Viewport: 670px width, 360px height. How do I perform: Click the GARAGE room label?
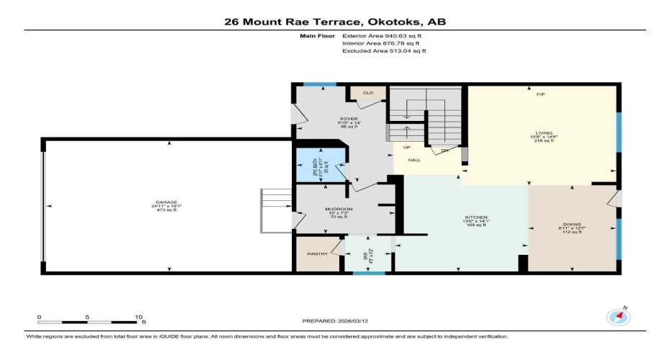coord(165,202)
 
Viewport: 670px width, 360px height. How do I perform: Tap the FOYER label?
coord(349,119)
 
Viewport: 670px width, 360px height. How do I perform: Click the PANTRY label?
coord(317,253)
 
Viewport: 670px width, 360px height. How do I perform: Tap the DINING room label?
coord(572,224)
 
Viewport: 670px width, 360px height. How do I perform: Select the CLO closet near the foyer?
coord(367,93)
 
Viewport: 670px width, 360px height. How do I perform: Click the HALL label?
coord(414,160)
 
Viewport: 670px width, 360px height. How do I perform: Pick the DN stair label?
coord(445,150)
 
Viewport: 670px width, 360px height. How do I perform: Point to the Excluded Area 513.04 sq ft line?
coord(384,51)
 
